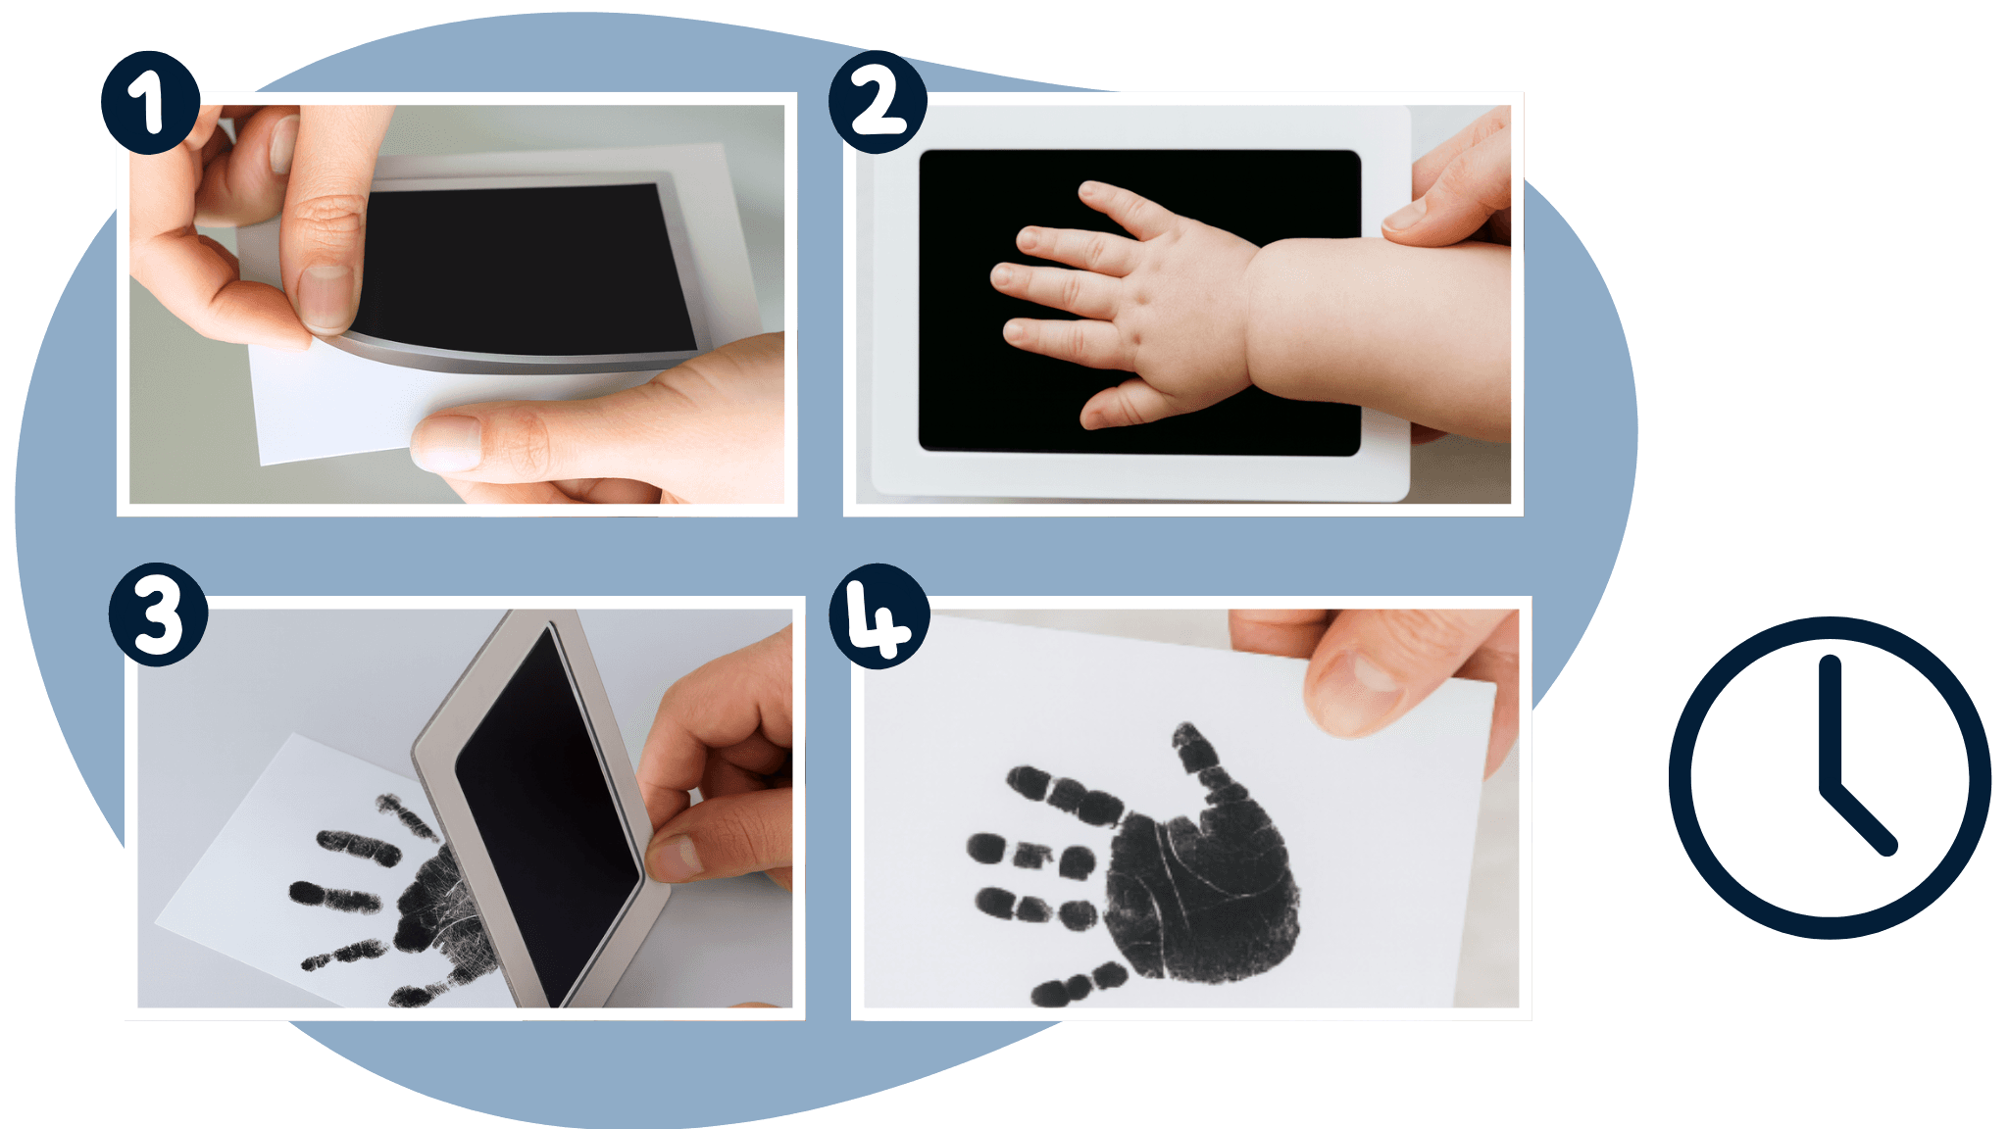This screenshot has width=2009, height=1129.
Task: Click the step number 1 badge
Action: pyautogui.click(x=151, y=103)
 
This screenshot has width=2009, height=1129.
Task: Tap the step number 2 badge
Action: pyautogui.click(x=878, y=103)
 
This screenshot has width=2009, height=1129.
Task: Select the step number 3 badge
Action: pyautogui.click(x=158, y=614)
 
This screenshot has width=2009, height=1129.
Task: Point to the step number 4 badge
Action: pyautogui.click(x=879, y=616)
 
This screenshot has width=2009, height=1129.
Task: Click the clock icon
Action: pyautogui.click(x=1830, y=778)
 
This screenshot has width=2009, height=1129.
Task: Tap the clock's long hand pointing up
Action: pyautogui.click(x=1830, y=723)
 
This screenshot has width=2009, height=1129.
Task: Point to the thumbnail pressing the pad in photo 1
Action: pyautogui.click(x=326, y=299)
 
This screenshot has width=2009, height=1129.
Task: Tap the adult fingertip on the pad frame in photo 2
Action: pyautogui.click(x=1412, y=216)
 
